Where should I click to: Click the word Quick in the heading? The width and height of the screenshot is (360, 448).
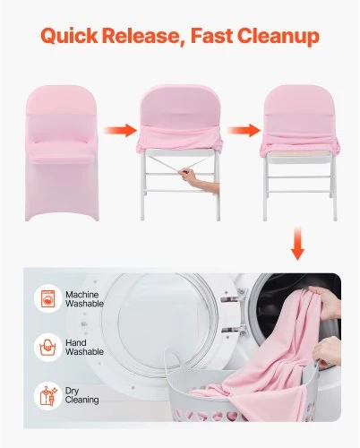70,36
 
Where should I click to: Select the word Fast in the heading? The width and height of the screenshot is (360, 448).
212,35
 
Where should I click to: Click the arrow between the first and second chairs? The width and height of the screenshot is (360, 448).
120,130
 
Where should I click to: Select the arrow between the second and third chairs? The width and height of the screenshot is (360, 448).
244,130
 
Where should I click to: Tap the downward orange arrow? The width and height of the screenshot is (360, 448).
297,243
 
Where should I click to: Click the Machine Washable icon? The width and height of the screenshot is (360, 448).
47,298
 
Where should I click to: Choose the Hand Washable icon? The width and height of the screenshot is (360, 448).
47,348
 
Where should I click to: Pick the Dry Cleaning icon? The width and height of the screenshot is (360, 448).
47,396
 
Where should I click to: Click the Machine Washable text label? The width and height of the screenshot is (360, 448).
84,299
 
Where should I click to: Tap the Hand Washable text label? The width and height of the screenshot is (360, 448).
84,347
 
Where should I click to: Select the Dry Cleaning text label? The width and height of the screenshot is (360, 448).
81,395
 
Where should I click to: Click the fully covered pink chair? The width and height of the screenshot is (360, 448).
62,153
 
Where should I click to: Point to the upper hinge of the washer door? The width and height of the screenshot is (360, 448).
233,298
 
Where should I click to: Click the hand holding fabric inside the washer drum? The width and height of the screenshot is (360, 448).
325,302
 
